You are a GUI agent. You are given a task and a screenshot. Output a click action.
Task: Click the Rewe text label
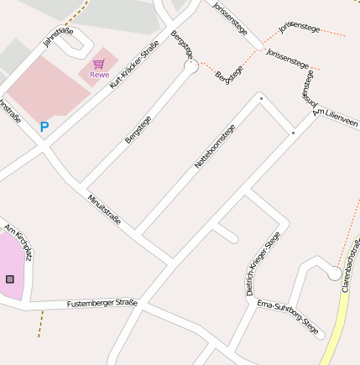coord(99,76)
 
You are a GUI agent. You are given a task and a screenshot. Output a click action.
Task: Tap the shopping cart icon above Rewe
coord(99,64)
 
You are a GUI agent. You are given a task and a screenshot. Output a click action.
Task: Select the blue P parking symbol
coord(44,128)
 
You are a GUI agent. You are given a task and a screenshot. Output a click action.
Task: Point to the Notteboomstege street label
coord(215,146)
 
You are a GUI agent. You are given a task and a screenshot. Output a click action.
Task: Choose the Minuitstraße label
coord(105,209)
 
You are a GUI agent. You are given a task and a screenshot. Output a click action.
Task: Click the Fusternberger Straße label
coord(102,302)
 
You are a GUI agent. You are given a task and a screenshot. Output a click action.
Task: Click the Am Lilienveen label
coord(336,117)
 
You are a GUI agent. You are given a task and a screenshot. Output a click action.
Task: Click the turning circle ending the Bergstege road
coord(191,66)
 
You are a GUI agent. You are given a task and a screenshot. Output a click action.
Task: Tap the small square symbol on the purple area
coord(10,279)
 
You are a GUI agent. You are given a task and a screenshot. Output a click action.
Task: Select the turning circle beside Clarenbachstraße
coord(334,274)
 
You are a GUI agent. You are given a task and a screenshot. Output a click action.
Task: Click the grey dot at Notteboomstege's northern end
coord(261,99)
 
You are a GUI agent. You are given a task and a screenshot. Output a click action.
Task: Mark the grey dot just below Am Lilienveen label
coord(293,133)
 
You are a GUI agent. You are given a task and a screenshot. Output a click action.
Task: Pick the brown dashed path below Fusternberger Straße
coord(39,324)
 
